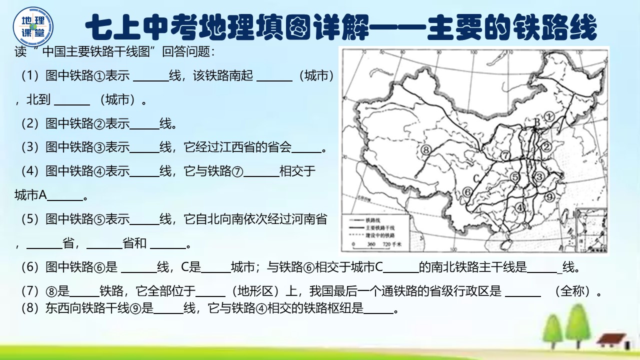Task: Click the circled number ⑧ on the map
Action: [x=426, y=149]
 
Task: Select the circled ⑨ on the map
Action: [x=550, y=196]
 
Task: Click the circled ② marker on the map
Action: [x=546, y=146]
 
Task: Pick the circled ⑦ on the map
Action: [x=505, y=155]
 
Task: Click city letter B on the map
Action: [x=536, y=121]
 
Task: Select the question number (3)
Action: [x=30, y=147]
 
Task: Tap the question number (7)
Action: [x=30, y=290]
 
